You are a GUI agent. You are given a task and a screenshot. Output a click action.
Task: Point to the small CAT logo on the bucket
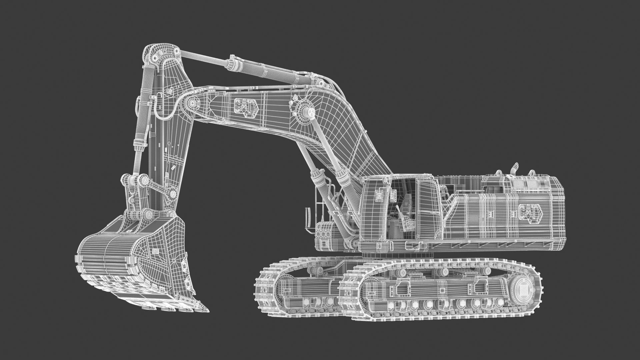(155, 252)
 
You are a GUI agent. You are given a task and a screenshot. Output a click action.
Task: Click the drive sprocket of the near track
(525, 287)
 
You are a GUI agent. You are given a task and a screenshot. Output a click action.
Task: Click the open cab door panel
(425, 207)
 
